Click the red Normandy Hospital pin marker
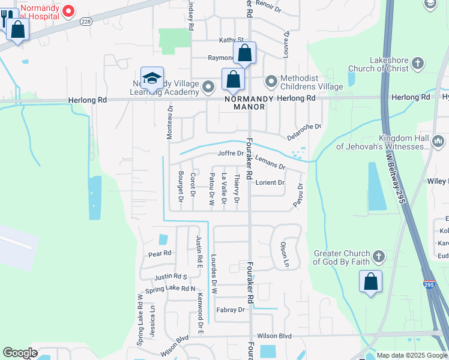tap(68, 10)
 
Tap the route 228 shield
tap(86, 22)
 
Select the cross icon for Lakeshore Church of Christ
tap(418, 63)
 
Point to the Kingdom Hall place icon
tap(438, 142)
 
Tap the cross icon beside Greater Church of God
tap(378, 257)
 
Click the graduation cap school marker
tap(152, 79)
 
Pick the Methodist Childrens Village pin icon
tap(271, 80)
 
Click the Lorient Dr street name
tap(270, 182)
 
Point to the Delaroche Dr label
tap(304, 131)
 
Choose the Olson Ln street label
tap(285, 254)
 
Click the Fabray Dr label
tap(230, 310)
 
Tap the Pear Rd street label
tap(160, 253)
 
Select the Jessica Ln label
tap(153, 323)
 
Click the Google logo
tap(20, 353)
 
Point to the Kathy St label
tap(231, 40)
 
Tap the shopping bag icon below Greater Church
tap(370, 281)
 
